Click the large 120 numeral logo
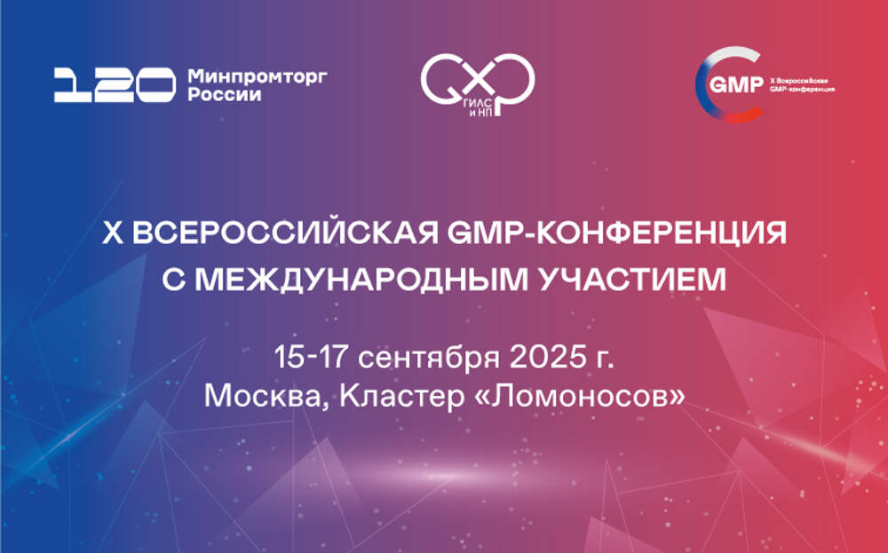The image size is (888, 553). click(115, 85)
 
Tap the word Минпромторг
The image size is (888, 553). click(258, 76)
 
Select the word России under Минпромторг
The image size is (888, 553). click(225, 94)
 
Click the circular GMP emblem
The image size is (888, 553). click(729, 84)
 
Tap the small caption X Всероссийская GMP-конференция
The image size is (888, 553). click(802, 85)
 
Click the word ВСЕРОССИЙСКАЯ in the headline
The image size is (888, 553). click(287, 233)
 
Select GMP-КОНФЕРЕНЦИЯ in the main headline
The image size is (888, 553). click(616, 233)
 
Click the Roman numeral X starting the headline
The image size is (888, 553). click(113, 233)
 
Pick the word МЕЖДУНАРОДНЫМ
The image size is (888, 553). click(361, 280)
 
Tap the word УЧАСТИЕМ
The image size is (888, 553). click(630, 279)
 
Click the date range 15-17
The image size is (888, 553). click(310, 357)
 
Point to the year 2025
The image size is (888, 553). click(547, 357)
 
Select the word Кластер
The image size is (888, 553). click(401, 397)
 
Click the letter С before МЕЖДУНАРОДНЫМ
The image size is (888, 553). click(173, 280)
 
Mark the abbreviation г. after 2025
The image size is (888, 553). click(604, 359)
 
